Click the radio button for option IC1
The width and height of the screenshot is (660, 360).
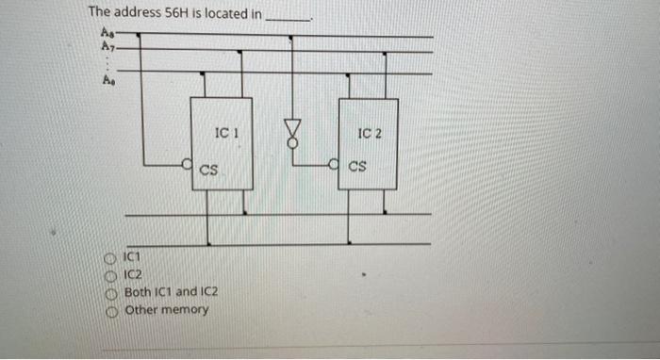(x=110, y=256)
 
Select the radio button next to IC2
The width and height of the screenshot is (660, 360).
(x=110, y=274)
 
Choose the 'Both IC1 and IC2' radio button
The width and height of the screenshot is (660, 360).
(x=110, y=292)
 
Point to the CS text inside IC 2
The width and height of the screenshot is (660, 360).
(x=357, y=169)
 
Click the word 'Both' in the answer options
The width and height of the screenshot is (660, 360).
(x=138, y=292)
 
